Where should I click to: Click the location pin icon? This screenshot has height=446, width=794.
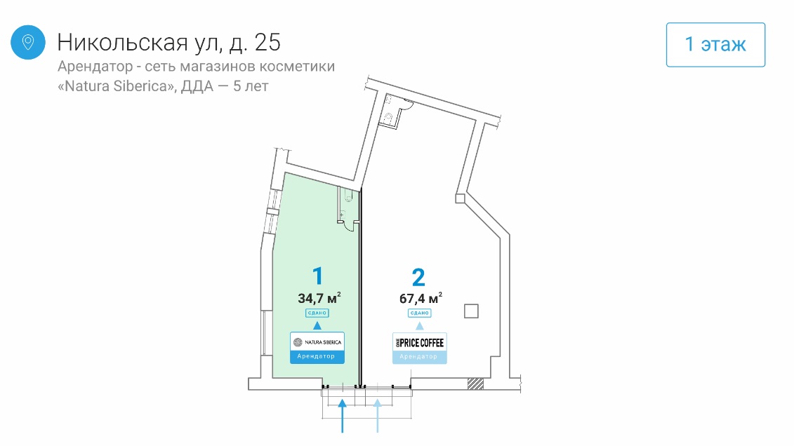click(x=28, y=42)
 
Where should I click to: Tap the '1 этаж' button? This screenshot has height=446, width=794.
click(x=715, y=45)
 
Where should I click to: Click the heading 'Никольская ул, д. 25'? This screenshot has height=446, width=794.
click(x=168, y=42)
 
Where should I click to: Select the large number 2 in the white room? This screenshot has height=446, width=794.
click(x=418, y=277)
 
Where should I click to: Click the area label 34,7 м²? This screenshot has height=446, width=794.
click(x=319, y=297)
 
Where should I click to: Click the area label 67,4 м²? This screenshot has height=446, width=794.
click(x=421, y=297)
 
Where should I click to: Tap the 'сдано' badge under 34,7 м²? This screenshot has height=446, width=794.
click(x=317, y=313)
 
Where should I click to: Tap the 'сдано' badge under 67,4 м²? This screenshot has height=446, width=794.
click(x=419, y=313)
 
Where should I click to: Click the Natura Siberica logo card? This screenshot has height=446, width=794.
click(x=317, y=342)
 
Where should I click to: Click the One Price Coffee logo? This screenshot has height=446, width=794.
click(x=419, y=342)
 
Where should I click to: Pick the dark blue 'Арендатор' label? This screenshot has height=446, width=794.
click(x=317, y=357)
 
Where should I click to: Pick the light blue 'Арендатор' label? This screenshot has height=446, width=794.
click(x=419, y=357)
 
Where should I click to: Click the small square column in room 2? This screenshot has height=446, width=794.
click(x=471, y=311)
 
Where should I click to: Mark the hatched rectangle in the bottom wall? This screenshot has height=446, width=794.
click(x=476, y=384)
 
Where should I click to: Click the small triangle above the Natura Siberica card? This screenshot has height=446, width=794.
click(x=317, y=325)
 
